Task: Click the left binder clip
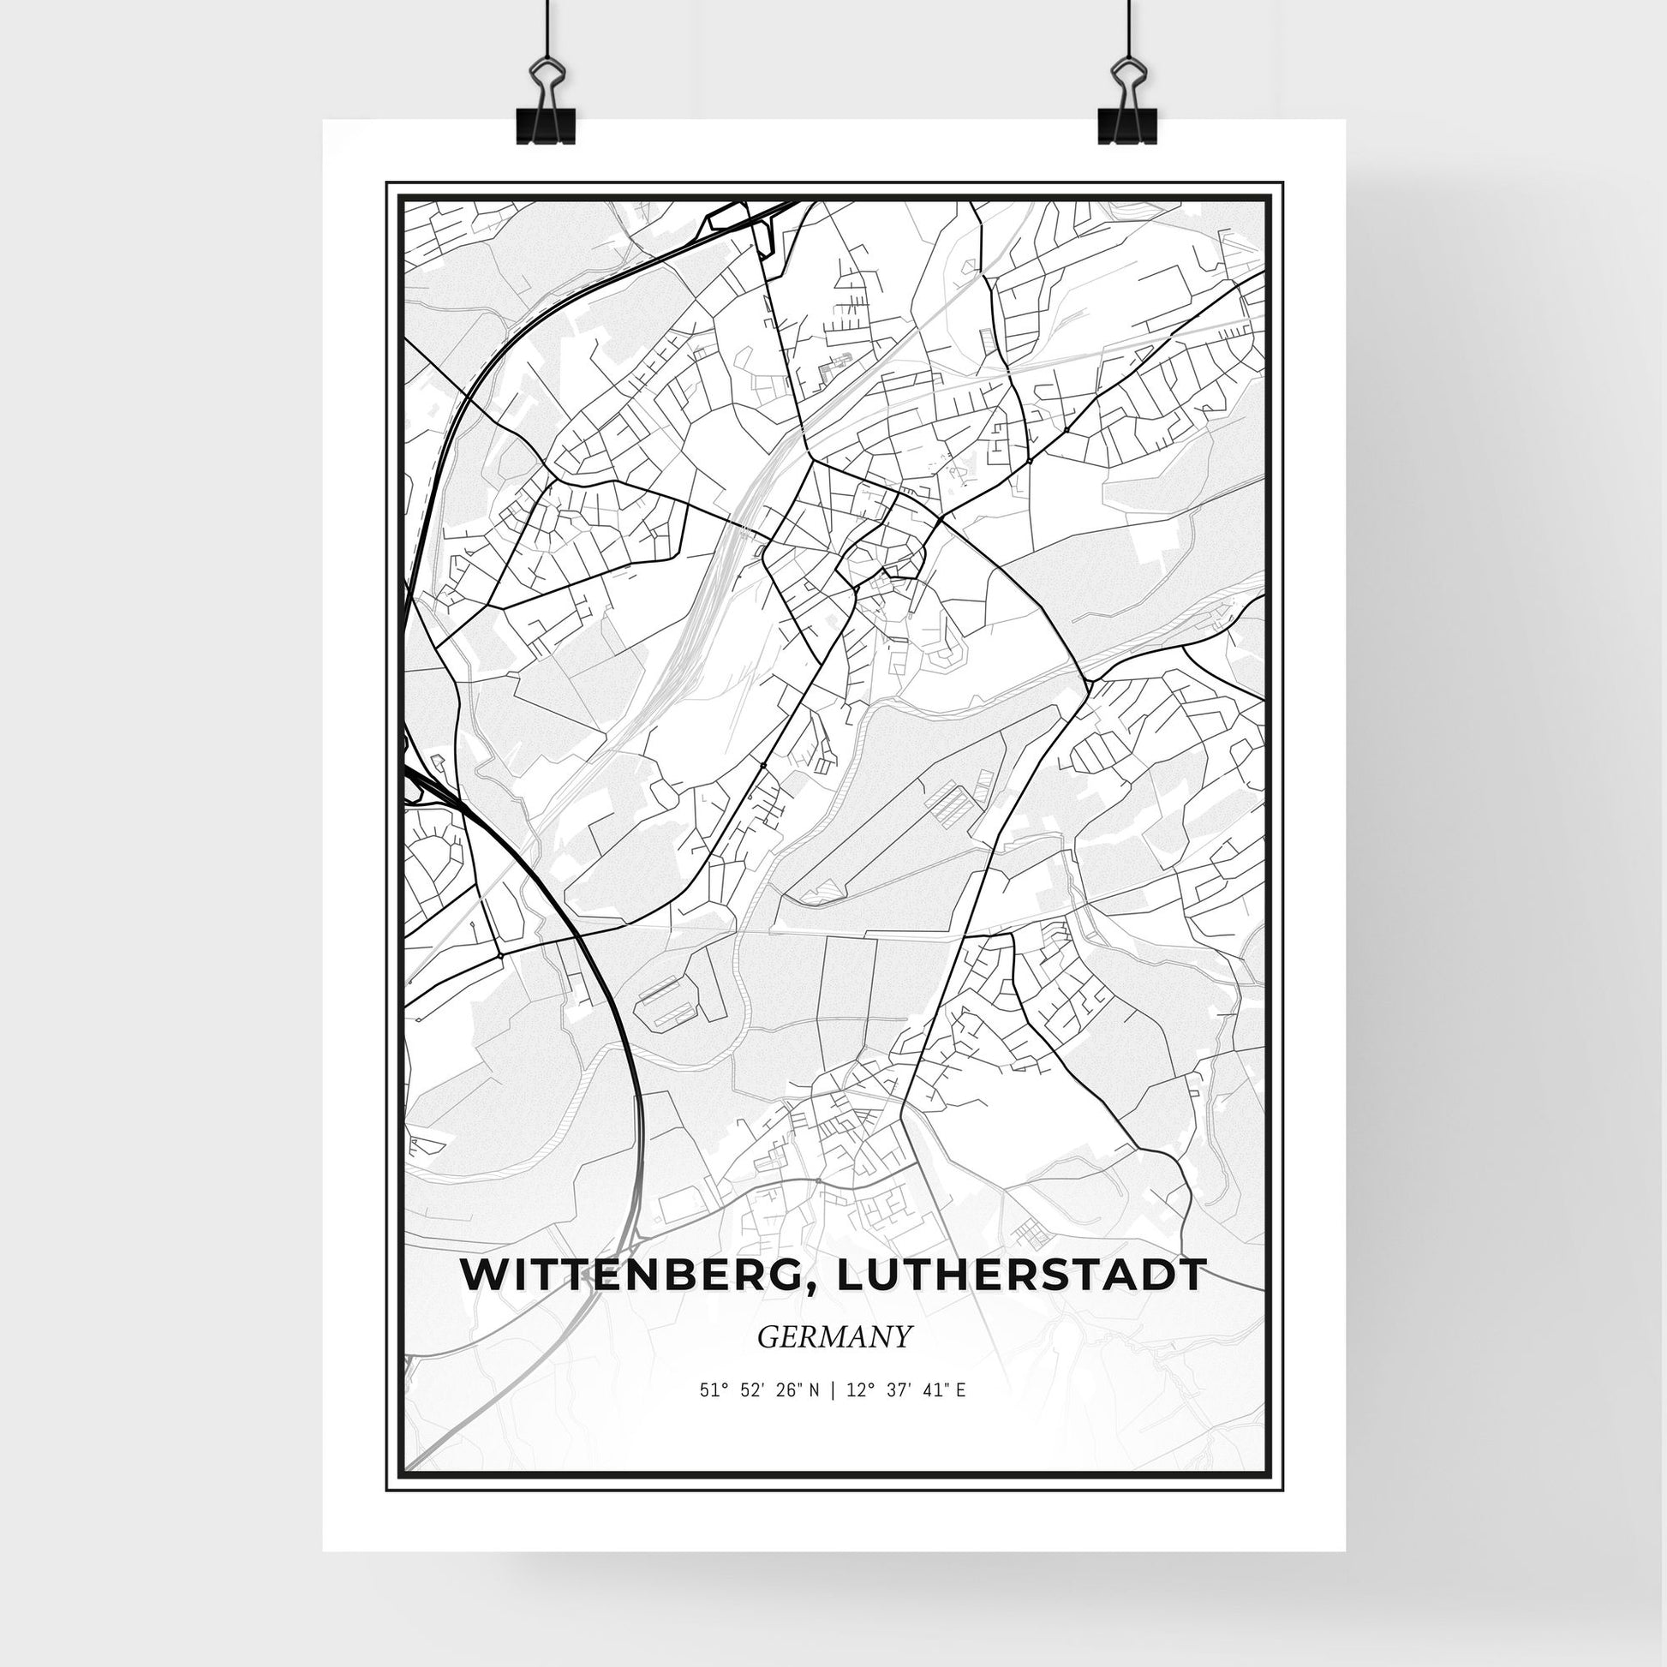pyautogui.click(x=546, y=113)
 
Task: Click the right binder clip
pyautogui.click(x=1126, y=113)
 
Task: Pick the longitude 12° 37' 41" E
pyautogui.click(x=908, y=1414)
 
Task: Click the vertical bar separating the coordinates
pyautogui.click(x=833, y=1414)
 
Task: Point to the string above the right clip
pyautogui.click(x=1126, y=30)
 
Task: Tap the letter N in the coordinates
pyautogui.click(x=816, y=1414)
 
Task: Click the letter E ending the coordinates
pyautogui.click(x=960, y=1414)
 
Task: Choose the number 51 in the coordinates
pyautogui.click(x=708, y=1414)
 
